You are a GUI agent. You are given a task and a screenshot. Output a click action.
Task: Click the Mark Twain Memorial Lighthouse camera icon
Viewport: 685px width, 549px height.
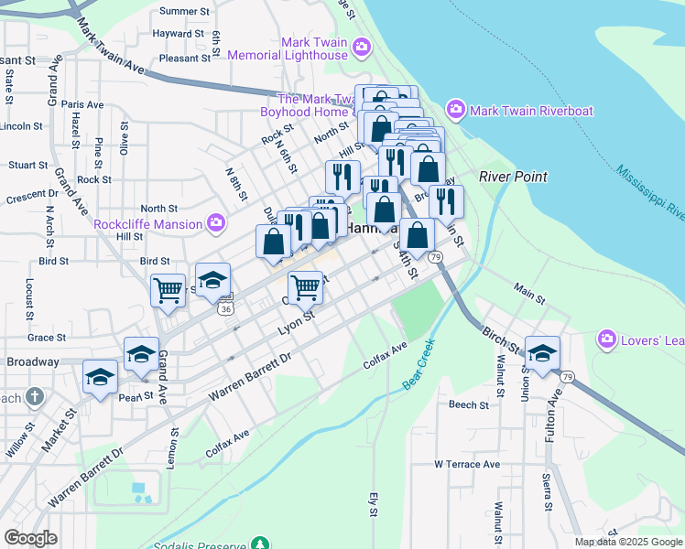click(362, 47)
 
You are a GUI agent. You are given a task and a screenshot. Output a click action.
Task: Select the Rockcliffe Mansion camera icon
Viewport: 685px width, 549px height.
click(216, 222)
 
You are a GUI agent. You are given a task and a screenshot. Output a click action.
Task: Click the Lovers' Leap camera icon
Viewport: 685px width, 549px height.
click(605, 339)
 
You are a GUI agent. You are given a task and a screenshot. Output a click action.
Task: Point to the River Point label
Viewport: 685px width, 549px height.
click(513, 177)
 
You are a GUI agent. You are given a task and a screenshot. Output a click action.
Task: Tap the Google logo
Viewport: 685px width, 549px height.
click(30, 538)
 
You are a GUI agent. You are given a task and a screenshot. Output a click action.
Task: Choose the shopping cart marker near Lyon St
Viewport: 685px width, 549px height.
click(305, 286)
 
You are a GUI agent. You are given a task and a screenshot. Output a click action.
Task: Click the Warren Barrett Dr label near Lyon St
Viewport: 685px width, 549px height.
click(248, 376)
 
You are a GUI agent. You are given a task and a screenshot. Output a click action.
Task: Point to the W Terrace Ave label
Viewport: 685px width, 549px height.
click(467, 464)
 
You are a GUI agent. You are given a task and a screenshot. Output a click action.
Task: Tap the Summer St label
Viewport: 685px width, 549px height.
click(179, 12)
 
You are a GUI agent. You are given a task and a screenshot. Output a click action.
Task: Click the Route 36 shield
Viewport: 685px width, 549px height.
click(225, 309)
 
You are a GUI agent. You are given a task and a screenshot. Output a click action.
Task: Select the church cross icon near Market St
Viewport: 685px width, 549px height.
click(34, 397)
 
